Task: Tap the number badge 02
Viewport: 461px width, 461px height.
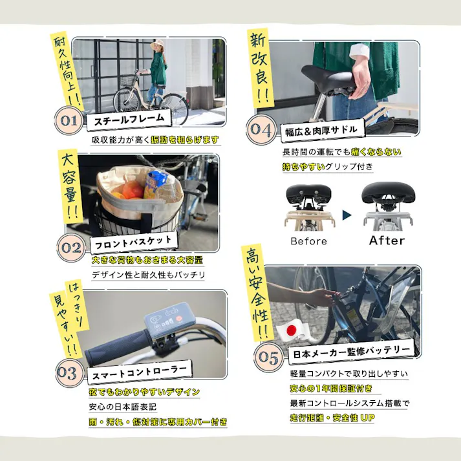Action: (72, 246)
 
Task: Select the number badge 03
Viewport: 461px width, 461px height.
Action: (67, 373)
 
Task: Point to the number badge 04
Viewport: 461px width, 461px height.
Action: (262, 129)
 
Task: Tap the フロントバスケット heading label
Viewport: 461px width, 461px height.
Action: (133, 243)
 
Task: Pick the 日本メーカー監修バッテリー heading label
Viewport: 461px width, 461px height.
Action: (350, 351)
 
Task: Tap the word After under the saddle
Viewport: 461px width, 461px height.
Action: (387, 241)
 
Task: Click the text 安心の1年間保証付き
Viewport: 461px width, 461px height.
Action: (330, 389)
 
